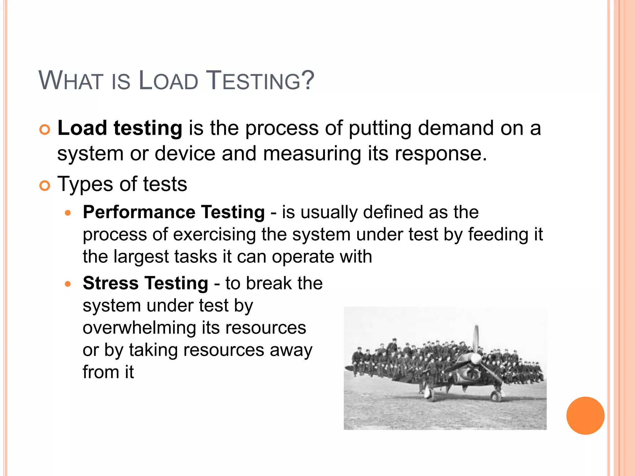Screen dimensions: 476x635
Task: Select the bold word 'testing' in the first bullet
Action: pos(148,128)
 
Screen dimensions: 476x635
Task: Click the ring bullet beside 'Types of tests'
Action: pos(45,186)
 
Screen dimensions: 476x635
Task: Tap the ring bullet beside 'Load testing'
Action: pos(45,130)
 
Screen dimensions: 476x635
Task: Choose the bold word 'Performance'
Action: pos(139,212)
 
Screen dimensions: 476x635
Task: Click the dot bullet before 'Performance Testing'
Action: pos(68,213)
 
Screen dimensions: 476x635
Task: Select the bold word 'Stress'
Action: pos(110,283)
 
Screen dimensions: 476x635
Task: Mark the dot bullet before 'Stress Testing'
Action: pos(68,284)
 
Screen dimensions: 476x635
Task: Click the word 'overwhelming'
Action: pos(139,328)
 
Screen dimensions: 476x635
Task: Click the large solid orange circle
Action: pos(585,416)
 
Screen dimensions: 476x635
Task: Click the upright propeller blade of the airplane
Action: pos(476,339)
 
